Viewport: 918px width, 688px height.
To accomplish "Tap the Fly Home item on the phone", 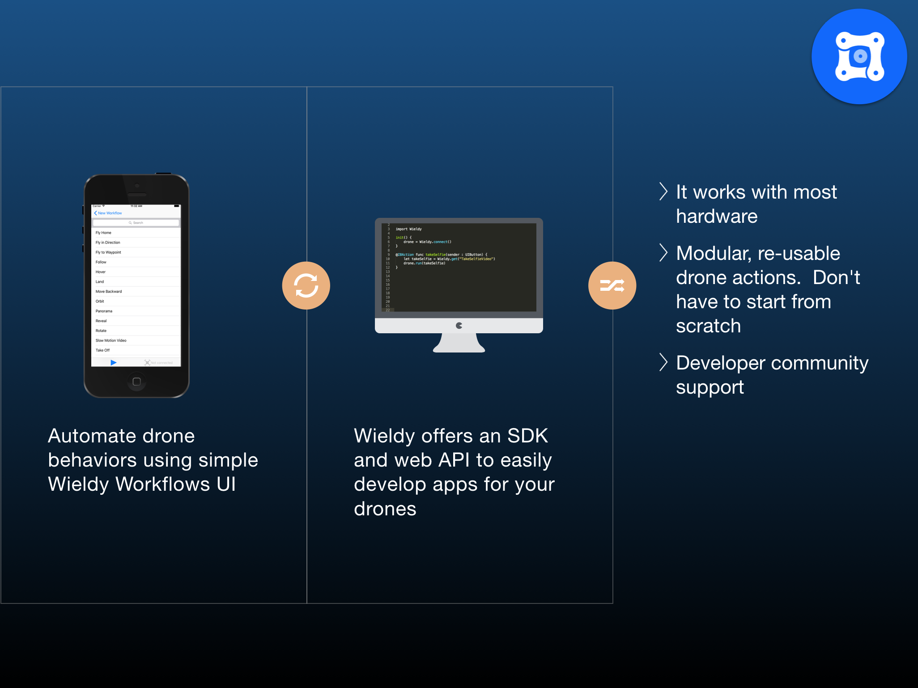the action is click(104, 233).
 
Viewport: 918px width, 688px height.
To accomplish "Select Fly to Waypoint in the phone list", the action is click(109, 252).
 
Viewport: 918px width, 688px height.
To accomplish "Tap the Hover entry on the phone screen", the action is click(101, 272).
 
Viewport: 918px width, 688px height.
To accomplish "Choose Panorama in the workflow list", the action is click(104, 311).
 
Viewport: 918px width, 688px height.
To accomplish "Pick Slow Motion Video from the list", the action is click(111, 341).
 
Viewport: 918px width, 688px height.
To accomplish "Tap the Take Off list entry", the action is click(103, 351).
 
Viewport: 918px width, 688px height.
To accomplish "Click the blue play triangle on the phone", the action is click(114, 363).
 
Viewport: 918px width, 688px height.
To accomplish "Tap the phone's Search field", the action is click(136, 223).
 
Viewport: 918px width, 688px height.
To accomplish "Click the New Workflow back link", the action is click(108, 213).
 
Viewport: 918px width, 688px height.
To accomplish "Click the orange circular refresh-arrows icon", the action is click(306, 286).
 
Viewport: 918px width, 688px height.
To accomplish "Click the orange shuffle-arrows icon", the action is click(612, 285).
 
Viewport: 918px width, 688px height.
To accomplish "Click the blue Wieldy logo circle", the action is click(859, 57).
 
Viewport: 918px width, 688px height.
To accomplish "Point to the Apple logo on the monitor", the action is click(459, 326).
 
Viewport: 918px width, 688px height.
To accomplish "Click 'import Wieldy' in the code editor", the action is click(408, 229).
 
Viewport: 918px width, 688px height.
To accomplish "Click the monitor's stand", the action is click(459, 344).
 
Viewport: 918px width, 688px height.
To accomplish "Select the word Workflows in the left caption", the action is click(163, 484).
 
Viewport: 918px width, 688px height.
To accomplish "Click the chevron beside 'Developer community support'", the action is click(663, 362).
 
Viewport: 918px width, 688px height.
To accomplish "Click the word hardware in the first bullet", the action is click(717, 217).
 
